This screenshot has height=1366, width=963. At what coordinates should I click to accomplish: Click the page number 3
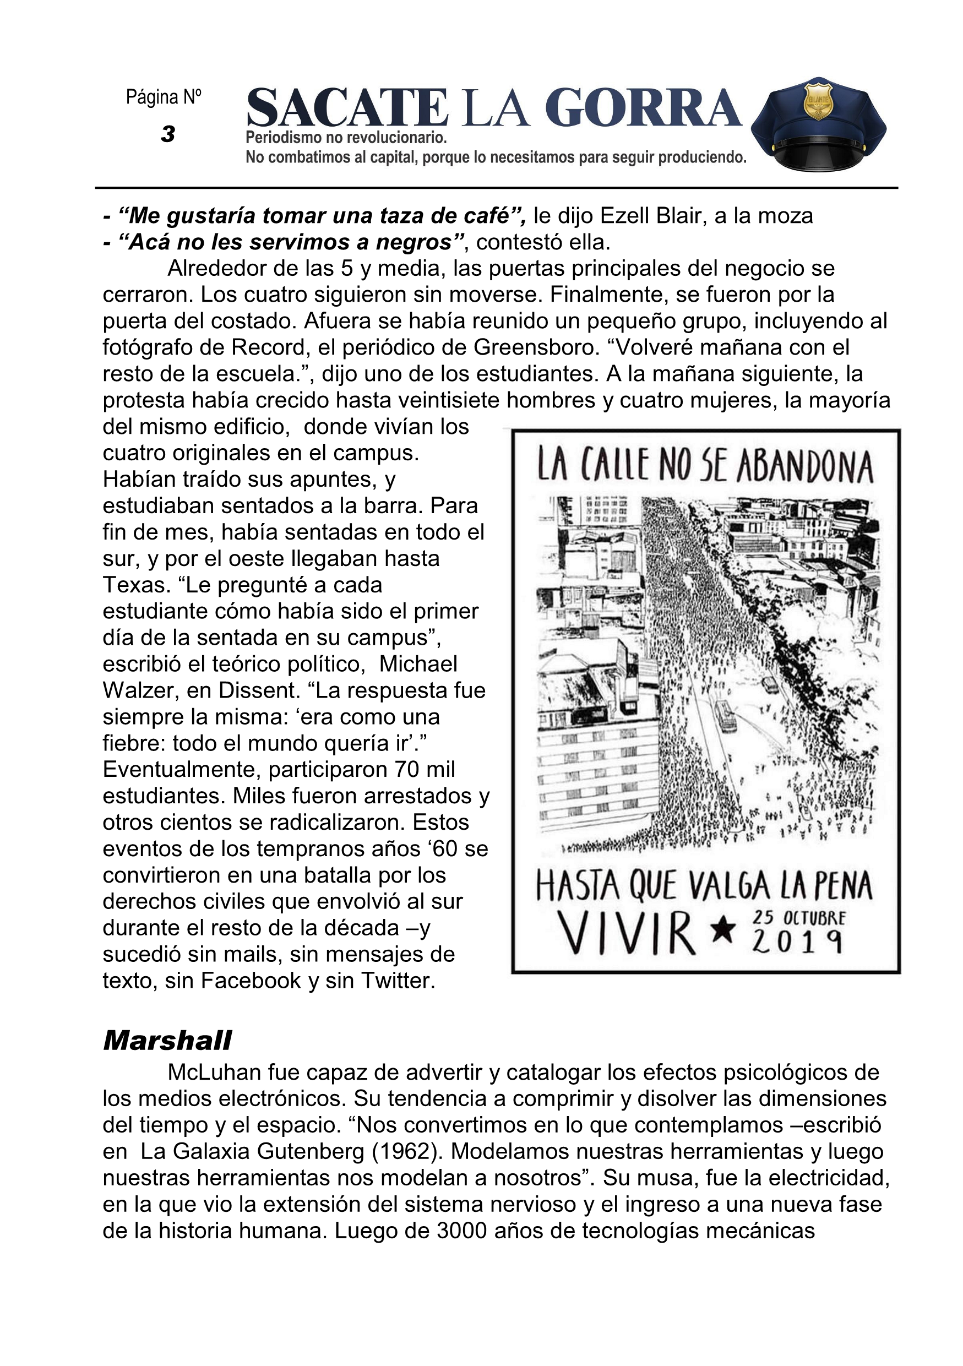click(168, 134)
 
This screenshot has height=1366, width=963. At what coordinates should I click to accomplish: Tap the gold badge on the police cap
click(818, 101)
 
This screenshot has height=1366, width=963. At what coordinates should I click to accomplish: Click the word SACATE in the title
click(347, 108)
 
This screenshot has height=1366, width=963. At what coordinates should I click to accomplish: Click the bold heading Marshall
click(167, 1041)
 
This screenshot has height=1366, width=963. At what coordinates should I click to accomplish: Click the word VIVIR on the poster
click(628, 933)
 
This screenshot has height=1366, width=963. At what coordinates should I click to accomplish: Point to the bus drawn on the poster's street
click(727, 716)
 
